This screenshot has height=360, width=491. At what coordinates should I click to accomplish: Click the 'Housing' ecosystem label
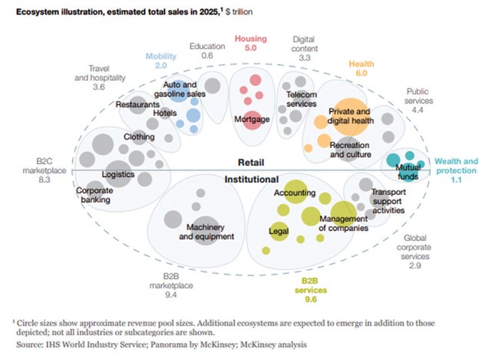coord(251,38)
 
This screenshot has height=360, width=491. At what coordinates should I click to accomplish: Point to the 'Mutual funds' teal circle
coord(396,163)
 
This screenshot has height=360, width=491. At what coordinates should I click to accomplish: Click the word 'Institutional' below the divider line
coord(251,179)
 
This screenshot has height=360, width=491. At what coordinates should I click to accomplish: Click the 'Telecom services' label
coord(302,99)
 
